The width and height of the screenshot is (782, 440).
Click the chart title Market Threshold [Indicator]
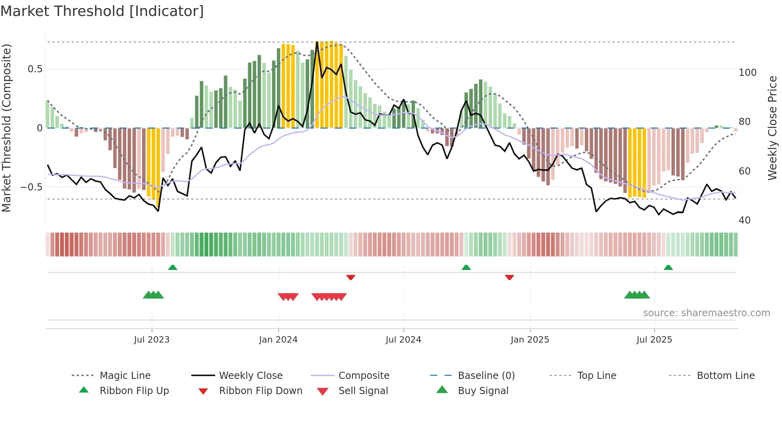click(x=102, y=11)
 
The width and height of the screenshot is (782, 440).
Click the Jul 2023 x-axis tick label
click(x=152, y=340)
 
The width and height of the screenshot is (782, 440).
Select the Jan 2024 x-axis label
click(x=278, y=340)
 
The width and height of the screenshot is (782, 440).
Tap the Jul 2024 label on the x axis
click(x=403, y=340)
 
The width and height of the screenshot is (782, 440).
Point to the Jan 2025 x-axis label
click(x=530, y=340)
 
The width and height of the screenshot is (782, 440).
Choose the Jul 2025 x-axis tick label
click(x=654, y=340)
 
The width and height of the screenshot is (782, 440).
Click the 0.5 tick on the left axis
click(x=35, y=69)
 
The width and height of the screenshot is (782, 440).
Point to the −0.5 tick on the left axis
click(x=32, y=187)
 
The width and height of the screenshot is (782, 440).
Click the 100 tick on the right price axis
click(x=747, y=73)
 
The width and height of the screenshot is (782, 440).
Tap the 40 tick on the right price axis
click(x=744, y=220)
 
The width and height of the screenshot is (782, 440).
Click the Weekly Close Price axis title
click(x=772, y=128)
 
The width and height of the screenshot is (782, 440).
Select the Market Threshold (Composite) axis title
click(x=6, y=128)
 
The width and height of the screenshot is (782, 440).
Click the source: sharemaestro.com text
click(x=706, y=313)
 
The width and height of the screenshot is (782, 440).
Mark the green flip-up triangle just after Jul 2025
click(x=668, y=268)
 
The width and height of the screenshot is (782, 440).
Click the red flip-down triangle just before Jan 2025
click(x=509, y=277)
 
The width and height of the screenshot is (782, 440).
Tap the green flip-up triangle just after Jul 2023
click(x=173, y=268)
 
